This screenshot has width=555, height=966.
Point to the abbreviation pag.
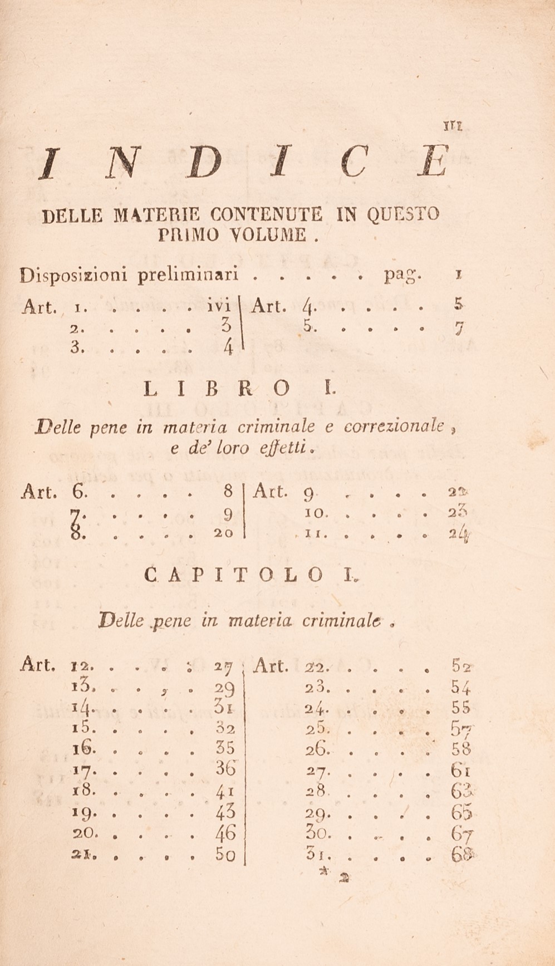(x=404, y=274)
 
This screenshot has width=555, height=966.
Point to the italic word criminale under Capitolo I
(x=343, y=620)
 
